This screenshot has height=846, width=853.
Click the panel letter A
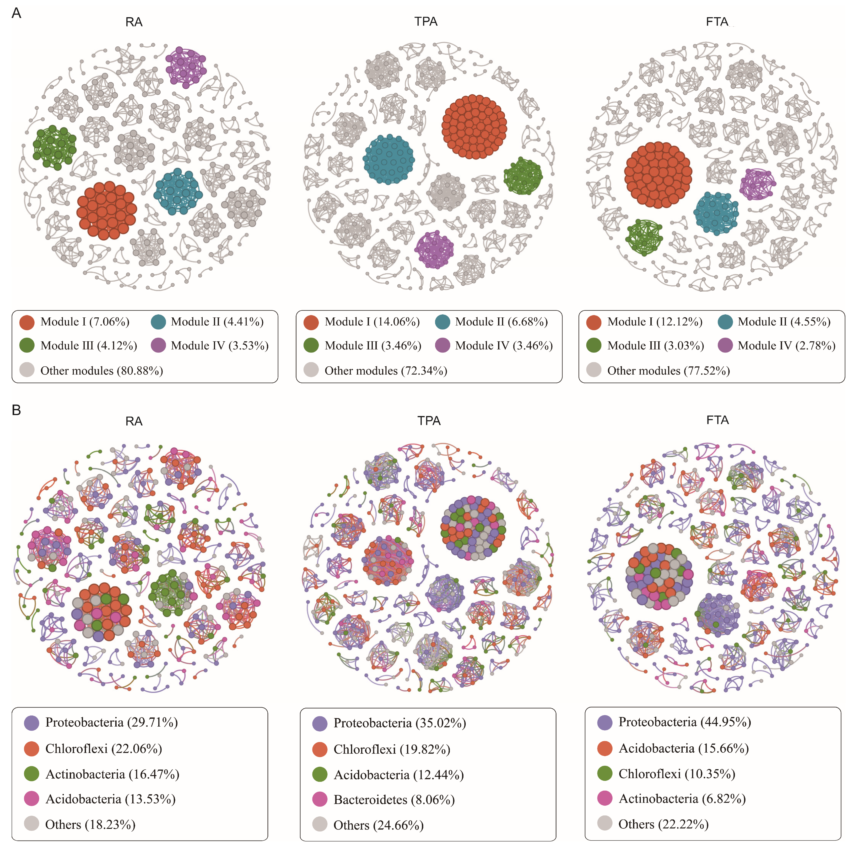(16, 13)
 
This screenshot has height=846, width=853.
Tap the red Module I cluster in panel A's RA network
(106, 210)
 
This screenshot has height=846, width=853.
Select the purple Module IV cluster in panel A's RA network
(185, 67)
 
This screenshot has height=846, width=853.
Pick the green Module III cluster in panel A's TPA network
(523, 177)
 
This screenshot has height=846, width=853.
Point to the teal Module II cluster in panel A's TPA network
(389, 159)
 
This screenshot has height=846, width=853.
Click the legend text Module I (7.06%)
(85, 322)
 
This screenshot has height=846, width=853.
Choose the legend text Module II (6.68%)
(501, 322)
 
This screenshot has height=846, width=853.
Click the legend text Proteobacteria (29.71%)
(111, 723)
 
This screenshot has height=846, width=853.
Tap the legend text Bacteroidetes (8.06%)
(394, 800)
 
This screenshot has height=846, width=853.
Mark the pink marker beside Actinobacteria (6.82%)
(605, 798)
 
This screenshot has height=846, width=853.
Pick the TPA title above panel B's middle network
(429, 421)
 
